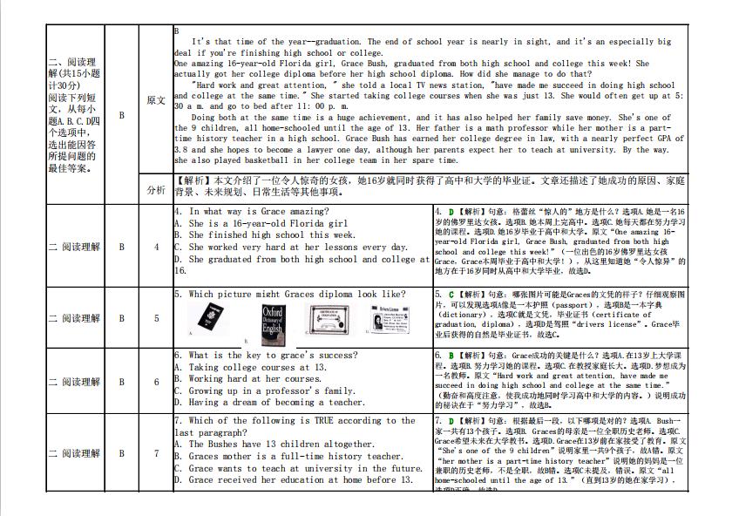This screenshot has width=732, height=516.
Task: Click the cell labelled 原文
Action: pos(156,100)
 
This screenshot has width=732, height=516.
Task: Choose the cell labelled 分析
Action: pos(156,189)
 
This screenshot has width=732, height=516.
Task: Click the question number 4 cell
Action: pos(156,247)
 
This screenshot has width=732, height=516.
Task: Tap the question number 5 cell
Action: pos(156,318)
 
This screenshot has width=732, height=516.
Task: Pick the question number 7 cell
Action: pos(156,453)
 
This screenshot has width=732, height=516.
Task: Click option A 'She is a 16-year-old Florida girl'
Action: pos(261,223)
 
